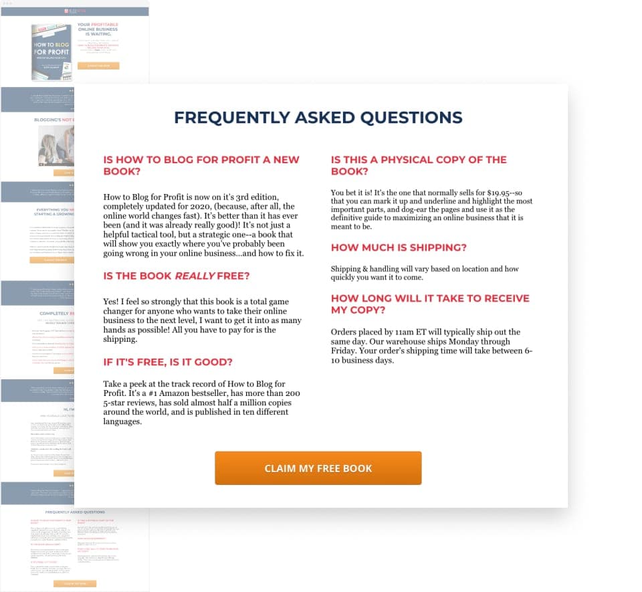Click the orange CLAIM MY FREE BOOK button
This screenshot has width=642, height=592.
coord(318,468)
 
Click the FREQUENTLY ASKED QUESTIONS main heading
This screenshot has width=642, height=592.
coord(318,118)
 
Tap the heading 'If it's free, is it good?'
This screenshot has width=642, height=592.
coord(168,362)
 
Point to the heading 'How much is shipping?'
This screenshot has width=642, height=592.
coord(399,248)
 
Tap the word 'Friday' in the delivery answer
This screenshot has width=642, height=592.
coord(346,351)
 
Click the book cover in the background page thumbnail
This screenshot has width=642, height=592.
coord(51,52)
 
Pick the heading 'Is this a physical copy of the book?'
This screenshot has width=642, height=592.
coord(419,165)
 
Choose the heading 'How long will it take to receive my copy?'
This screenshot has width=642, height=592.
coord(430,304)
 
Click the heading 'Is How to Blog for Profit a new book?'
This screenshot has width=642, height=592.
coord(201,165)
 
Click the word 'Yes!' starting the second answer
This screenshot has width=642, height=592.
coord(112,302)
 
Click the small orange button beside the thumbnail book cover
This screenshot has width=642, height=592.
coord(98,66)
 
